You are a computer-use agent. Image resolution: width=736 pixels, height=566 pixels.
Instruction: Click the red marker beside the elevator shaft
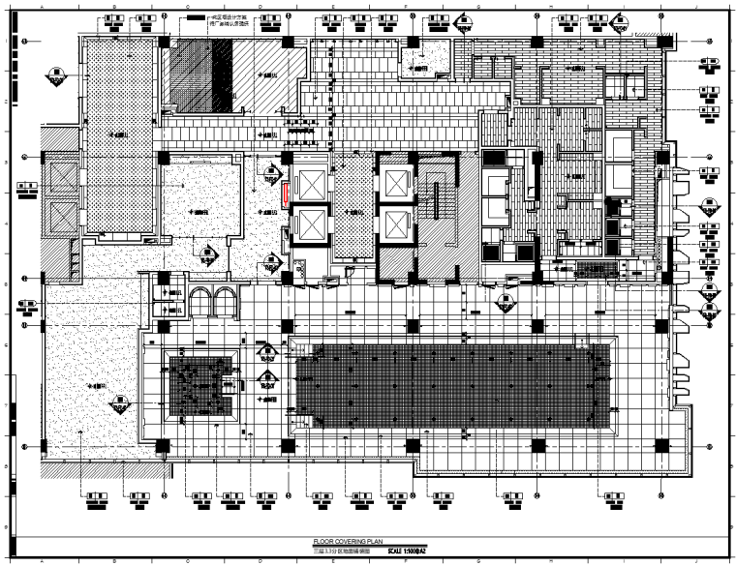coord(287,194)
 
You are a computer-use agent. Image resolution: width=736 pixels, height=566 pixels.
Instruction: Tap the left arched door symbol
coord(201,303)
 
